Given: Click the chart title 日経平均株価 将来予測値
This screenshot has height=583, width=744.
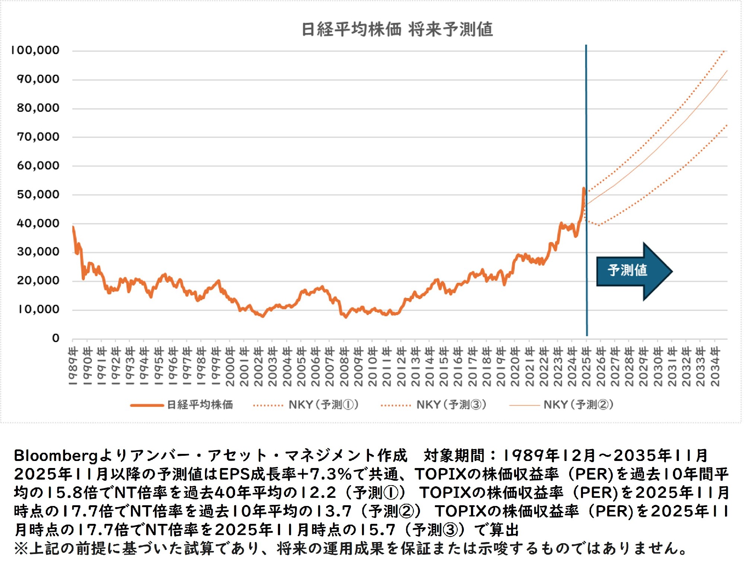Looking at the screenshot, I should click(397, 29).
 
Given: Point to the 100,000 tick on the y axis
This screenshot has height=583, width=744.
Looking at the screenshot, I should click(35, 50).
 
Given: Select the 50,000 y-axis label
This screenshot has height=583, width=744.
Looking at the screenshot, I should click(38, 194).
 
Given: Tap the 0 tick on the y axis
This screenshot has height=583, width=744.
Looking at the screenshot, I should click(56, 338).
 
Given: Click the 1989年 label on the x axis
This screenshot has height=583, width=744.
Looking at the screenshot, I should click(73, 366).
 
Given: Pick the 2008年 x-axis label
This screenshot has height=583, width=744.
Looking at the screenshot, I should click(344, 366).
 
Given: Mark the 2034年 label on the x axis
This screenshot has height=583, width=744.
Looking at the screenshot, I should click(715, 366).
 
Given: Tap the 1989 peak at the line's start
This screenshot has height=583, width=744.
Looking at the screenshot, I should click(73, 227).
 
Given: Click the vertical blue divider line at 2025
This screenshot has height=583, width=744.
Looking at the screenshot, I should click(587, 112).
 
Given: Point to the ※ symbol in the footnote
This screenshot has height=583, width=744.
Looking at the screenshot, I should click(21, 548).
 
